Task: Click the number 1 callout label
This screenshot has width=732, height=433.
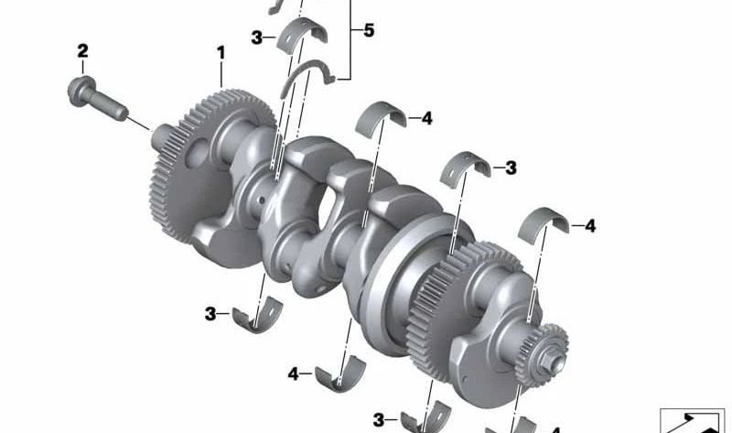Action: (x=220, y=54)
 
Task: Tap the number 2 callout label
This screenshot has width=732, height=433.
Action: (x=82, y=50)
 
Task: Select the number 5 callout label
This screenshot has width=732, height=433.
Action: (x=368, y=31)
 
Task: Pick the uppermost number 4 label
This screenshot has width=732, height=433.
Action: (x=426, y=119)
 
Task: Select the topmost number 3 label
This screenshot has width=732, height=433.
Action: (x=259, y=38)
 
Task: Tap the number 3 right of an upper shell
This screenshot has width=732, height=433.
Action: (x=511, y=168)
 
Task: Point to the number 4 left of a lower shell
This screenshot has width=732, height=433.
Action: (x=294, y=373)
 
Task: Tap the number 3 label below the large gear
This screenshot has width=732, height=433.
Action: (x=210, y=314)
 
